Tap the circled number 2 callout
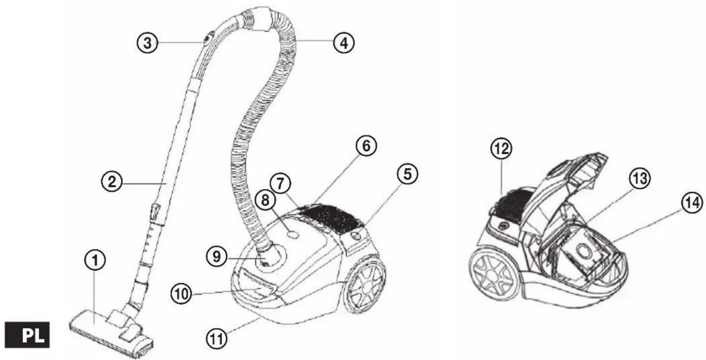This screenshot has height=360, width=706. pyautogui.click(x=112, y=182)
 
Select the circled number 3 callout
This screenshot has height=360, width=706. pyautogui.click(x=148, y=42)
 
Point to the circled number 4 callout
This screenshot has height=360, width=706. pyautogui.click(x=344, y=42)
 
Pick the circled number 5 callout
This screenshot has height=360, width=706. pyautogui.click(x=408, y=174)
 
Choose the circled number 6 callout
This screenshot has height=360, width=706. pyautogui.click(x=366, y=146)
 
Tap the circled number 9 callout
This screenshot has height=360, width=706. pyautogui.click(x=217, y=256)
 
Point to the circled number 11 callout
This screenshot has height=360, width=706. pyautogui.click(x=216, y=339)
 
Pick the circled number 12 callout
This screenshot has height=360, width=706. pyautogui.click(x=501, y=149)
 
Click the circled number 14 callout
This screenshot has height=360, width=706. pyautogui.click(x=692, y=203)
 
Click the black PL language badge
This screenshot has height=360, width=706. pyautogui.click(x=27, y=335)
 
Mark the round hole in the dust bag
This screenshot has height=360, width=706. pyautogui.click(x=584, y=252)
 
